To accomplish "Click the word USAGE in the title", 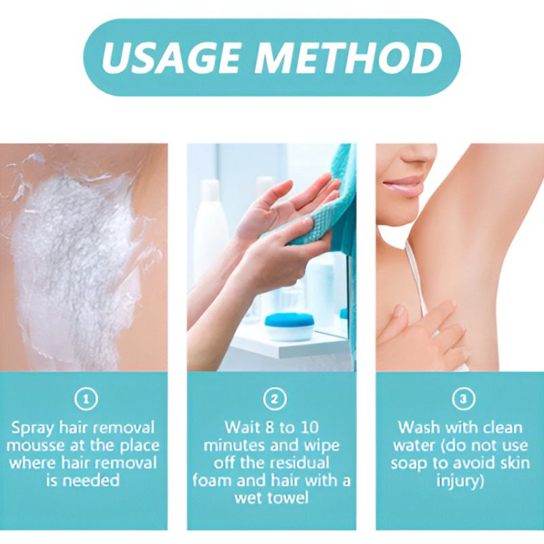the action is click(x=171, y=57).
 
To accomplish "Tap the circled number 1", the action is click(x=86, y=399).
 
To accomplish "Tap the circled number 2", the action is click(x=275, y=399).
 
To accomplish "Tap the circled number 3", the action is click(x=463, y=399).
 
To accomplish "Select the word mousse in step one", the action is click(x=36, y=446).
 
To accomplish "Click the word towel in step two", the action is click(x=286, y=498).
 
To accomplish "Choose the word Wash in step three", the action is click(x=419, y=428).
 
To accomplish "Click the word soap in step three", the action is click(x=409, y=464).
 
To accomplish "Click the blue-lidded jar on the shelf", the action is click(x=285, y=327).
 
